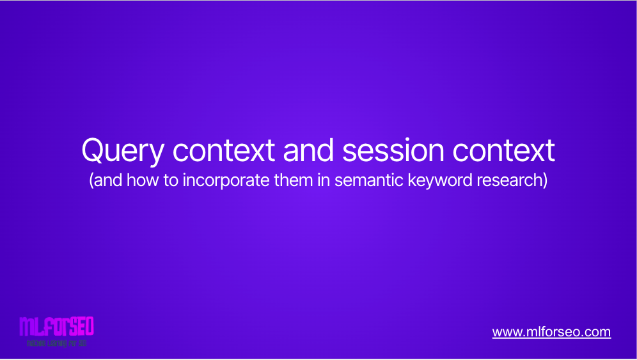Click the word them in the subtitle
(x=310, y=181)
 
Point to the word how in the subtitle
(x=140, y=181)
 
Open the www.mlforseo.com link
(x=551, y=333)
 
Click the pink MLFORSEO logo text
(x=56, y=327)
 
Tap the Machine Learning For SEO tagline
(x=56, y=343)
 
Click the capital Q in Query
(x=92, y=152)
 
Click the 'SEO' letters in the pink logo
(x=80, y=327)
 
